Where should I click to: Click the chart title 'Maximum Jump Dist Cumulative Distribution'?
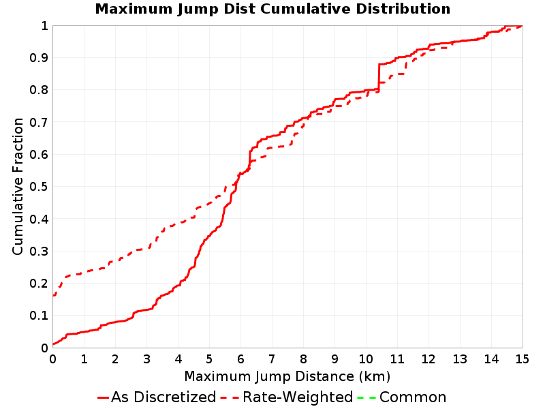(272, 9)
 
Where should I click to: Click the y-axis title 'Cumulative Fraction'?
(18, 186)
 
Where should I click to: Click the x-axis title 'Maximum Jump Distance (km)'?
(287, 377)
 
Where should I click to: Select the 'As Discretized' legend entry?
(157, 397)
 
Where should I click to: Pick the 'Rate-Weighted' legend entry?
(287, 397)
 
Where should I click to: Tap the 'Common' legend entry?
(402, 397)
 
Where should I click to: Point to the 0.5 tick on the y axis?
(39, 187)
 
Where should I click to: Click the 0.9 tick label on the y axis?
(39, 58)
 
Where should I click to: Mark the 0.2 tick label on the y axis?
(39, 284)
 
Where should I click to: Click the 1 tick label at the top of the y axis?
(44, 26)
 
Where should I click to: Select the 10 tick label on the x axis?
(366, 359)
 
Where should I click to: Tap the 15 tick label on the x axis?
(522, 359)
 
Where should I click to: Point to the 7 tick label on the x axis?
(272, 359)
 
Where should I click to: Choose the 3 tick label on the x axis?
(146, 359)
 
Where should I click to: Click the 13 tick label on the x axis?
(459, 359)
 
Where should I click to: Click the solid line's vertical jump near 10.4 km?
(379, 77)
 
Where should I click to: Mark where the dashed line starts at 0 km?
(53, 296)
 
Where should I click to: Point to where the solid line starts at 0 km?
(53, 344)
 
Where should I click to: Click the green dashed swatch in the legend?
(367, 397)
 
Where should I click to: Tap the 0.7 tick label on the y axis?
(39, 123)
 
